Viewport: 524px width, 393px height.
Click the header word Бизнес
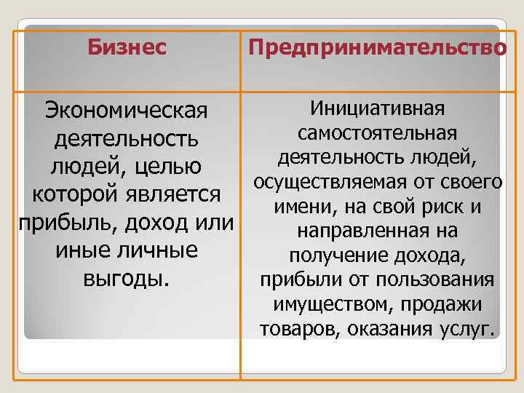[x=127, y=49]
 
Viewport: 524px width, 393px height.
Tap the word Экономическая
[x=127, y=113]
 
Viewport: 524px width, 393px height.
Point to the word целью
[x=170, y=167]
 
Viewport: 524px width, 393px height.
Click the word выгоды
[x=126, y=277]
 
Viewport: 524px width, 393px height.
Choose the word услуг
[x=467, y=330]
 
